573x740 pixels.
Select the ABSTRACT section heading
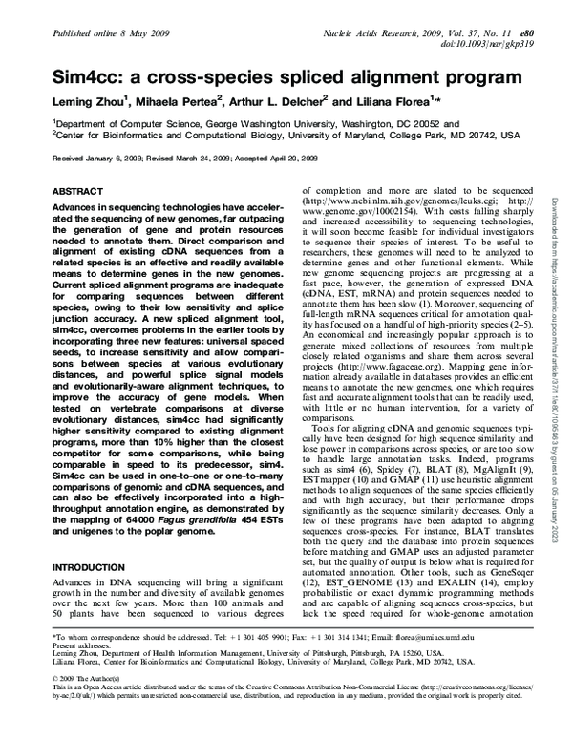(x=82, y=191)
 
